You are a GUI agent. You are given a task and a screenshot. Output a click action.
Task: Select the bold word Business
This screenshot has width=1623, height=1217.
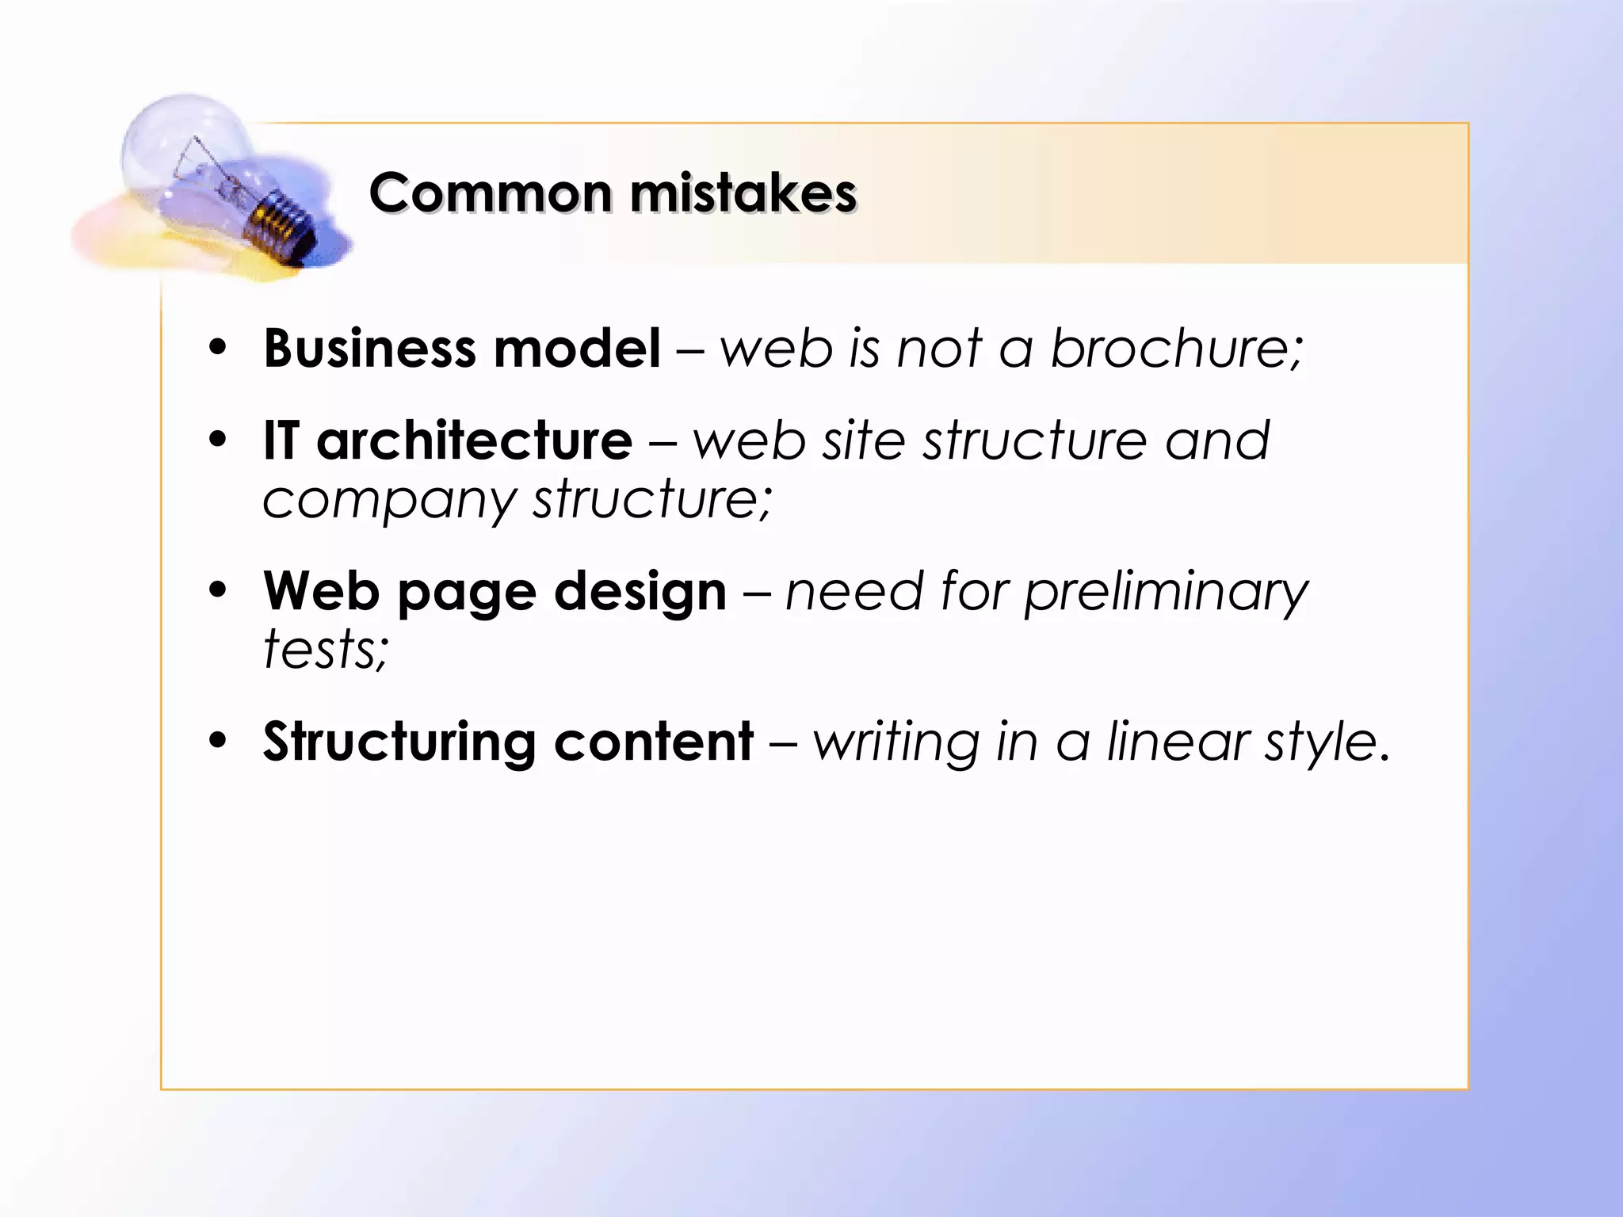point(369,349)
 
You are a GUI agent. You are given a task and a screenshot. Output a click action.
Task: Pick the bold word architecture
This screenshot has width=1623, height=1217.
point(474,441)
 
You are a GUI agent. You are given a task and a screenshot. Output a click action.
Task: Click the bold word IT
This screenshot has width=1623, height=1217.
point(281,441)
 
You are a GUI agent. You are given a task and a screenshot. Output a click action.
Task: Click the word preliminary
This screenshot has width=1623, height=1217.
point(1166,592)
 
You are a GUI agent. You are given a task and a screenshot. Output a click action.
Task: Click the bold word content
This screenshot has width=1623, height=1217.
point(654,742)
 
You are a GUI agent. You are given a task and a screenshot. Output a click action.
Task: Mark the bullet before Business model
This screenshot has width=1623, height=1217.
point(218,348)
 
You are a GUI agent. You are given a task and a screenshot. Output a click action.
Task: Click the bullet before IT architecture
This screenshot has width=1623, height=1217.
point(218,440)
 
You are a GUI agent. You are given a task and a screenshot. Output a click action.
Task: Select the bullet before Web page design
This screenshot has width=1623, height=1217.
point(218,590)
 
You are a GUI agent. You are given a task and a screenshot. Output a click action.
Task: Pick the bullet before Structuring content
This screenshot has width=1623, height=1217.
point(218,741)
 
